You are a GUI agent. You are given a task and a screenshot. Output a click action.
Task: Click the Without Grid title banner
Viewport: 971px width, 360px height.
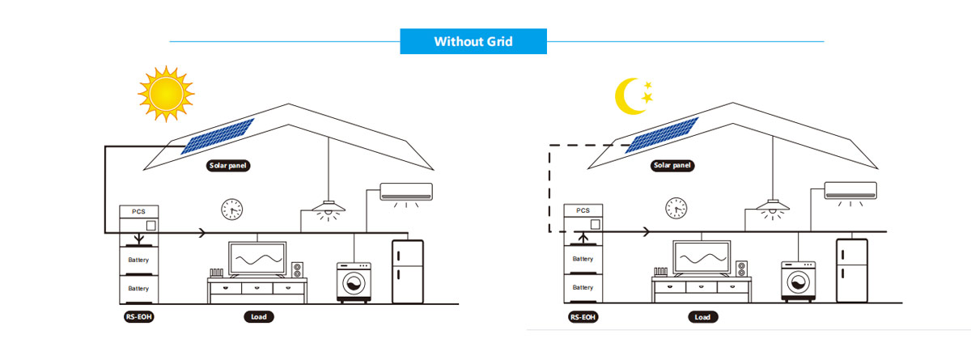(x=473, y=41)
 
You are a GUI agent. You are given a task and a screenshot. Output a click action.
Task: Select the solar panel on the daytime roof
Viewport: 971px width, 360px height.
(x=217, y=136)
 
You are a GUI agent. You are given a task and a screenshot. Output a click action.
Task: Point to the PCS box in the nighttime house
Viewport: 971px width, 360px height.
(x=583, y=219)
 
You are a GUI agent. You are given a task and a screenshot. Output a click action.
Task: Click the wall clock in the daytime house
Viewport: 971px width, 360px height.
(x=231, y=210)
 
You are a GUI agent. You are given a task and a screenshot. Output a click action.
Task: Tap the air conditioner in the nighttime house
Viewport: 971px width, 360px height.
(x=850, y=191)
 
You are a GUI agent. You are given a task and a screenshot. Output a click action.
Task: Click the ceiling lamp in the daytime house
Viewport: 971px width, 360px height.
(x=329, y=205)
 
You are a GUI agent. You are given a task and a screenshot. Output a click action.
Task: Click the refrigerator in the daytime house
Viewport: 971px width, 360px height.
(x=408, y=272)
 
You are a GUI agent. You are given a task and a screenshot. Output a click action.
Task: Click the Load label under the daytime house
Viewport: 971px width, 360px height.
(x=257, y=317)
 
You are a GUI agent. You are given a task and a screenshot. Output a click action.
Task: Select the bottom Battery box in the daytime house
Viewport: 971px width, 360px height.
(x=139, y=289)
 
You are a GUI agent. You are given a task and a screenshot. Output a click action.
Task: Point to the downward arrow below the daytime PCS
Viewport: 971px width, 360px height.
(x=139, y=239)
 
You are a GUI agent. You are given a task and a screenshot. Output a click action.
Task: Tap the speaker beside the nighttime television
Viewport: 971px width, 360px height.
(x=741, y=269)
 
